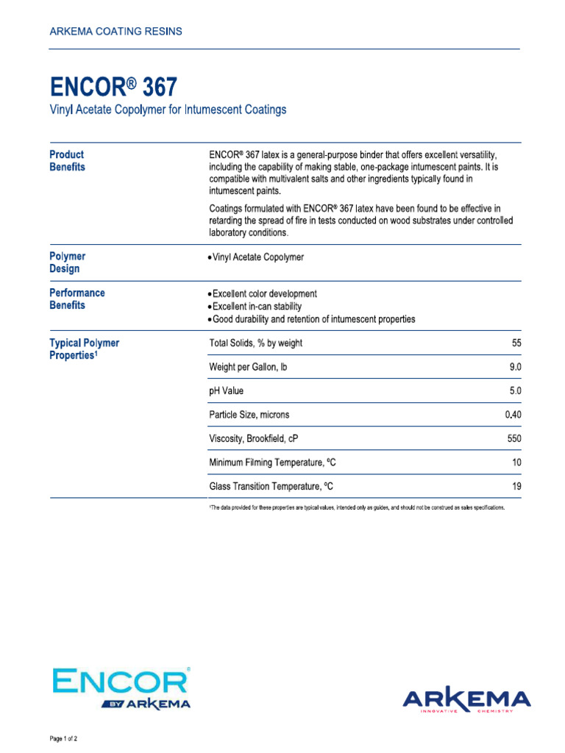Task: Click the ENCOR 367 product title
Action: click(x=113, y=88)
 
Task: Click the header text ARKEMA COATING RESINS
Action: click(x=116, y=32)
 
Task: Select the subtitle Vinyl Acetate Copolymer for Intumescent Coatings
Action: click(x=168, y=110)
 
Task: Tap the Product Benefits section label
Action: click(x=67, y=160)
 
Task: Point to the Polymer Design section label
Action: click(x=67, y=263)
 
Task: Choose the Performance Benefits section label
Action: click(x=77, y=299)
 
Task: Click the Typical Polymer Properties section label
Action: click(x=84, y=349)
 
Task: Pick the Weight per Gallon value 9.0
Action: click(x=514, y=367)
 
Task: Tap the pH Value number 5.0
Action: click(x=514, y=390)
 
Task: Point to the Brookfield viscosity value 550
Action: click(x=513, y=439)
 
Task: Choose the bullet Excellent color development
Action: click(x=264, y=293)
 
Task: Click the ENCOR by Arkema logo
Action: click(x=121, y=688)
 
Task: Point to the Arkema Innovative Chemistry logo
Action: click(x=466, y=700)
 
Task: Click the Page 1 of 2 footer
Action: click(x=63, y=738)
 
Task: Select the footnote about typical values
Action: click(x=357, y=508)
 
